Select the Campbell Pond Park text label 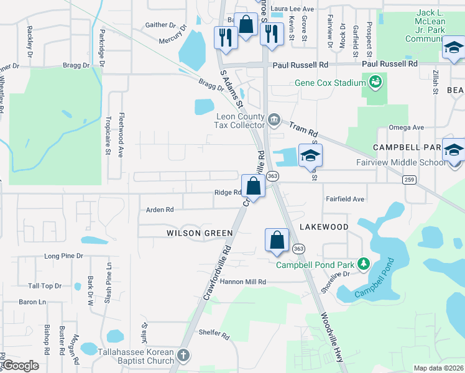tap(315, 265)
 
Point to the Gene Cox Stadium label tap(330, 83)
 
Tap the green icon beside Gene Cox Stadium tap(375, 81)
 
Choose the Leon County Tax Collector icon tap(274, 119)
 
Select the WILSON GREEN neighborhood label tap(200, 233)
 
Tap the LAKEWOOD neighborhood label tap(324, 227)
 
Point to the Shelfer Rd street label tap(214, 334)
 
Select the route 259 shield tap(408, 180)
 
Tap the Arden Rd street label tap(160, 210)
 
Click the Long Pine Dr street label tap(63, 256)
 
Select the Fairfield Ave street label tap(345, 199)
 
